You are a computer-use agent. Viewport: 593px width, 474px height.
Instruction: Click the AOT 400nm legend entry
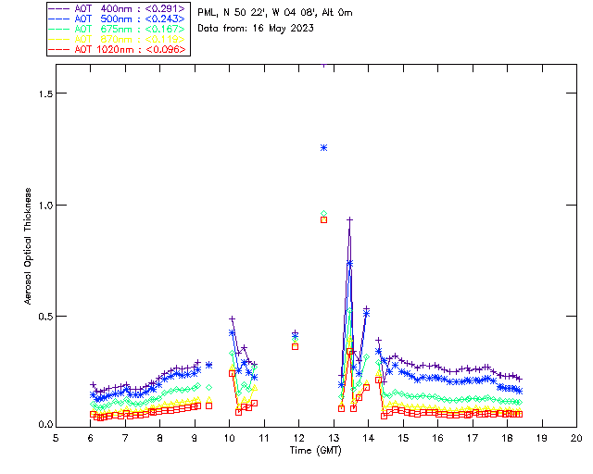(x=118, y=8)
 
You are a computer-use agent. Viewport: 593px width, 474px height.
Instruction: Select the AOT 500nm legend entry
(x=118, y=19)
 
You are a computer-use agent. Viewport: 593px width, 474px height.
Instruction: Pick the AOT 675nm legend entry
(x=118, y=29)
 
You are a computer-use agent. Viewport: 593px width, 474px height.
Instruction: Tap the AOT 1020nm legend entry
(x=118, y=49)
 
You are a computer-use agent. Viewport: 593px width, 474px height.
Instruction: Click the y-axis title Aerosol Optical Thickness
(x=29, y=248)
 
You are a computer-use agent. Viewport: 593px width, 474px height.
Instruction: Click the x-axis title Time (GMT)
(x=314, y=450)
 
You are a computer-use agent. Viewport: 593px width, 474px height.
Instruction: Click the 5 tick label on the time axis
(x=56, y=438)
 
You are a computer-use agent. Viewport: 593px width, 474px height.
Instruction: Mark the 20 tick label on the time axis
(x=576, y=438)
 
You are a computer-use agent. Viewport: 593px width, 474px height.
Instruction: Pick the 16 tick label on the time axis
(x=437, y=438)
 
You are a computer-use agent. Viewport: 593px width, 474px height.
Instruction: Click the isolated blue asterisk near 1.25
(x=323, y=147)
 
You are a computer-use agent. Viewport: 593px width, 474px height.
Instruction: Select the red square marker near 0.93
(x=323, y=220)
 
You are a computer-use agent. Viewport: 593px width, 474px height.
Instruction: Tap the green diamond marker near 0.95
(x=323, y=214)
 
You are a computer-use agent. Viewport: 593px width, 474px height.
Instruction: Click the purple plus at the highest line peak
(x=349, y=219)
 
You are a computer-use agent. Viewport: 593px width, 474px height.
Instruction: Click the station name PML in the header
(x=208, y=13)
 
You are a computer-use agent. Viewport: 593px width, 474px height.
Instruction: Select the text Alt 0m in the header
(x=337, y=13)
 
